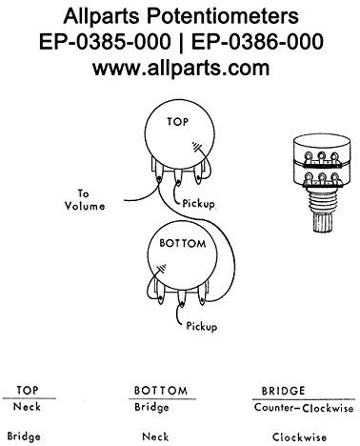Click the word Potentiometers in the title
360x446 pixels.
pyautogui.click(x=222, y=15)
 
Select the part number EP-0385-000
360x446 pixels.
pyautogui.click(x=105, y=42)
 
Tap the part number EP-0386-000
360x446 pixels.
pyautogui.click(x=257, y=42)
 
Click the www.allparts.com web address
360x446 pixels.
pyautogui.click(x=181, y=68)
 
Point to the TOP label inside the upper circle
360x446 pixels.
pyautogui.click(x=178, y=121)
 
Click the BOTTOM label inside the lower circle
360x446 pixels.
pyautogui.click(x=183, y=243)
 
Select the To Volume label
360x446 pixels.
pyautogui.click(x=85, y=200)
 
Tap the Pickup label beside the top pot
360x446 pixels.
pyautogui.click(x=198, y=203)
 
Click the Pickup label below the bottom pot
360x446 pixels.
pyautogui.click(x=202, y=326)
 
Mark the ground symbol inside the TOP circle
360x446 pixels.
pyautogui.click(x=196, y=147)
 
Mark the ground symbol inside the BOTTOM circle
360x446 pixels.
pyautogui.click(x=162, y=269)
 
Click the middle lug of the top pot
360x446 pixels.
pyautogui.click(x=178, y=178)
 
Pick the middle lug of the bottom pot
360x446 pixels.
pyautogui.click(x=182, y=299)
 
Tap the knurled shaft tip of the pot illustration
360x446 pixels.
pyautogui.click(x=322, y=222)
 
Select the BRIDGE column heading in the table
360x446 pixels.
pyautogui.click(x=283, y=391)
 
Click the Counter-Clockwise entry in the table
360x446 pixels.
pyautogui.click(x=304, y=408)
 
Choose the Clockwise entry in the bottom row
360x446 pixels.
pyautogui.click(x=299, y=437)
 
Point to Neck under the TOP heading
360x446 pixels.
pyautogui.click(x=27, y=407)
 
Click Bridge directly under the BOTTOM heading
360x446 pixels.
pyautogui.click(x=151, y=408)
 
